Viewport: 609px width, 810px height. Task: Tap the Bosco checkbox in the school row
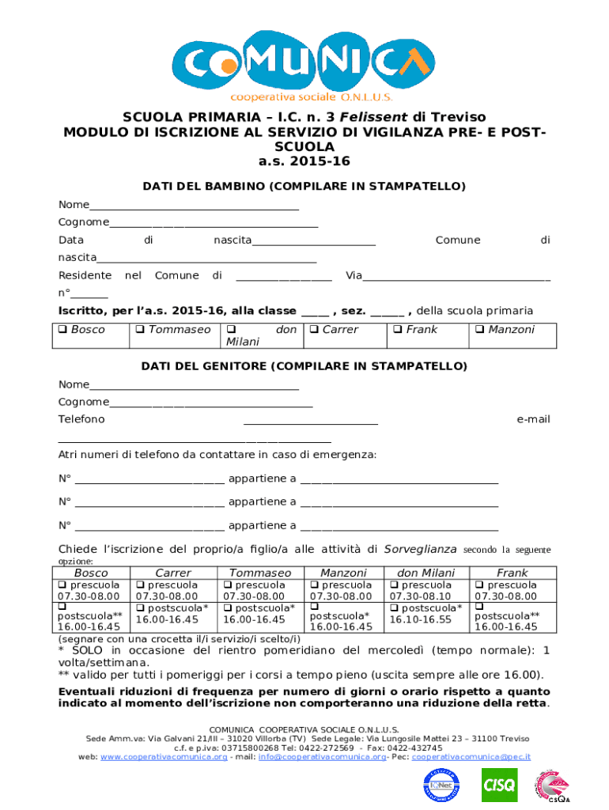click(64, 330)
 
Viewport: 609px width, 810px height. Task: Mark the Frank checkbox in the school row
click(398, 330)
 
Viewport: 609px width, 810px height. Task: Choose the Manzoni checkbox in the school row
click(480, 330)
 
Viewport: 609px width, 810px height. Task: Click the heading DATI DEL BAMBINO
click(304, 187)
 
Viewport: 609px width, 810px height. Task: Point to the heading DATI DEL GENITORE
click(304, 366)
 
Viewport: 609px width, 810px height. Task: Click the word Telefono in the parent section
click(81, 419)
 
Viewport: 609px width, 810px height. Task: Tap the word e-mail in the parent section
click(533, 419)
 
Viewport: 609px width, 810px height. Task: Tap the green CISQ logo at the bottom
click(499, 785)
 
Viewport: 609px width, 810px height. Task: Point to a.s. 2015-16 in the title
click(304, 161)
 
